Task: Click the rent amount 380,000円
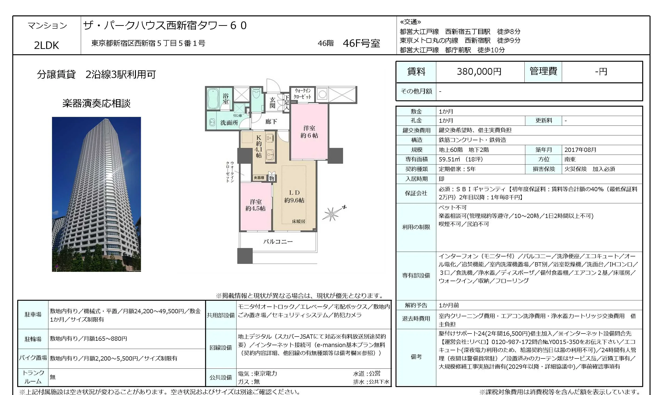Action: click(x=479, y=72)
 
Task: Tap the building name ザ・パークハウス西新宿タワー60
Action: click(x=165, y=26)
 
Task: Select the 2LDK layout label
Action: click(x=46, y=45)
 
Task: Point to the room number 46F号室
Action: click(x=361, y=43)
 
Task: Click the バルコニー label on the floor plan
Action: click(x=278, y=242)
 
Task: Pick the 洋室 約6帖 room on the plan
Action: click(x=309, y=132)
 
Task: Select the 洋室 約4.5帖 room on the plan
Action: click(x=256, y=205)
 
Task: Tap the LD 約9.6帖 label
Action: click(x=294, y=196)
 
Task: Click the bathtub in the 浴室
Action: click(x=213, y=99)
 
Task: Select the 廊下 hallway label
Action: click(x=271, y=122)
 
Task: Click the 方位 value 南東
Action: click(x=570, y=159)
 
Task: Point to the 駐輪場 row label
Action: click(x=33, y=339)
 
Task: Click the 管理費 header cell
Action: click(x=543, y=71)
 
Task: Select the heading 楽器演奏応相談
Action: click(x=97, y=103)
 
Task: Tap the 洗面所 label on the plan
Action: click(x=229, y=123)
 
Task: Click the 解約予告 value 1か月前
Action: click(x=449, y=305)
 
